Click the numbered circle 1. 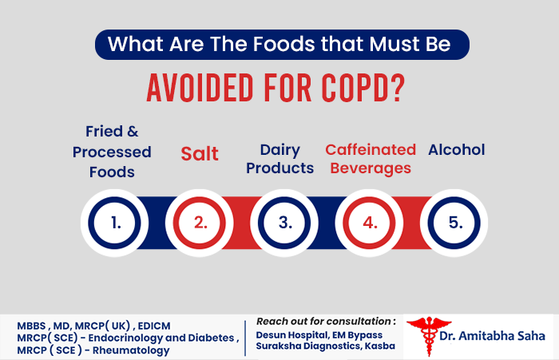(x=116, y=224)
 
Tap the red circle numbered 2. (x=200, y=224)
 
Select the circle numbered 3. (x=285, y=224)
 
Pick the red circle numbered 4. (x=370, y=224)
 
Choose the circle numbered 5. (x=455, y=224)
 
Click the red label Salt (x=200, y=153)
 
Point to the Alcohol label (x=457, y=149)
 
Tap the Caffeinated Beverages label (x=370, y=159)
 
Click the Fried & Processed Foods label (x=112, y=151)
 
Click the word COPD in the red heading (x=361, y=88)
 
